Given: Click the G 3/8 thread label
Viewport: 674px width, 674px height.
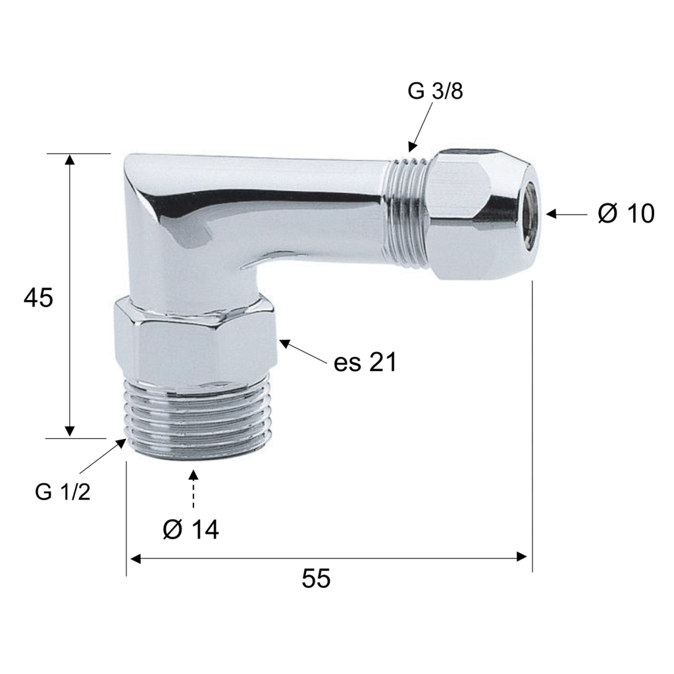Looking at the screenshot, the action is pos(435,91).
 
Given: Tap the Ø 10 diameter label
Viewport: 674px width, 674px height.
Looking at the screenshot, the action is pos(626,213).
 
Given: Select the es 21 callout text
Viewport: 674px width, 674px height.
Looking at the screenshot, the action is pos(365,363).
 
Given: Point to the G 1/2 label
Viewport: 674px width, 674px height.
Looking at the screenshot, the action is pos(63,491).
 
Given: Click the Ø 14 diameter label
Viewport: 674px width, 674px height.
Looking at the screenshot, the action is pos(191,529).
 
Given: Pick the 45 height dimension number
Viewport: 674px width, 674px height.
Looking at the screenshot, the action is pos(38,298).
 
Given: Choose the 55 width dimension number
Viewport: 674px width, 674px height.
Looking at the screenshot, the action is pos(316,578).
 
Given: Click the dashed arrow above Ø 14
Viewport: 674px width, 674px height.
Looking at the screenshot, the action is pos(194,489).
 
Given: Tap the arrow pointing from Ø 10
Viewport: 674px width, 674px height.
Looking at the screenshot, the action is pos(567,214).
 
